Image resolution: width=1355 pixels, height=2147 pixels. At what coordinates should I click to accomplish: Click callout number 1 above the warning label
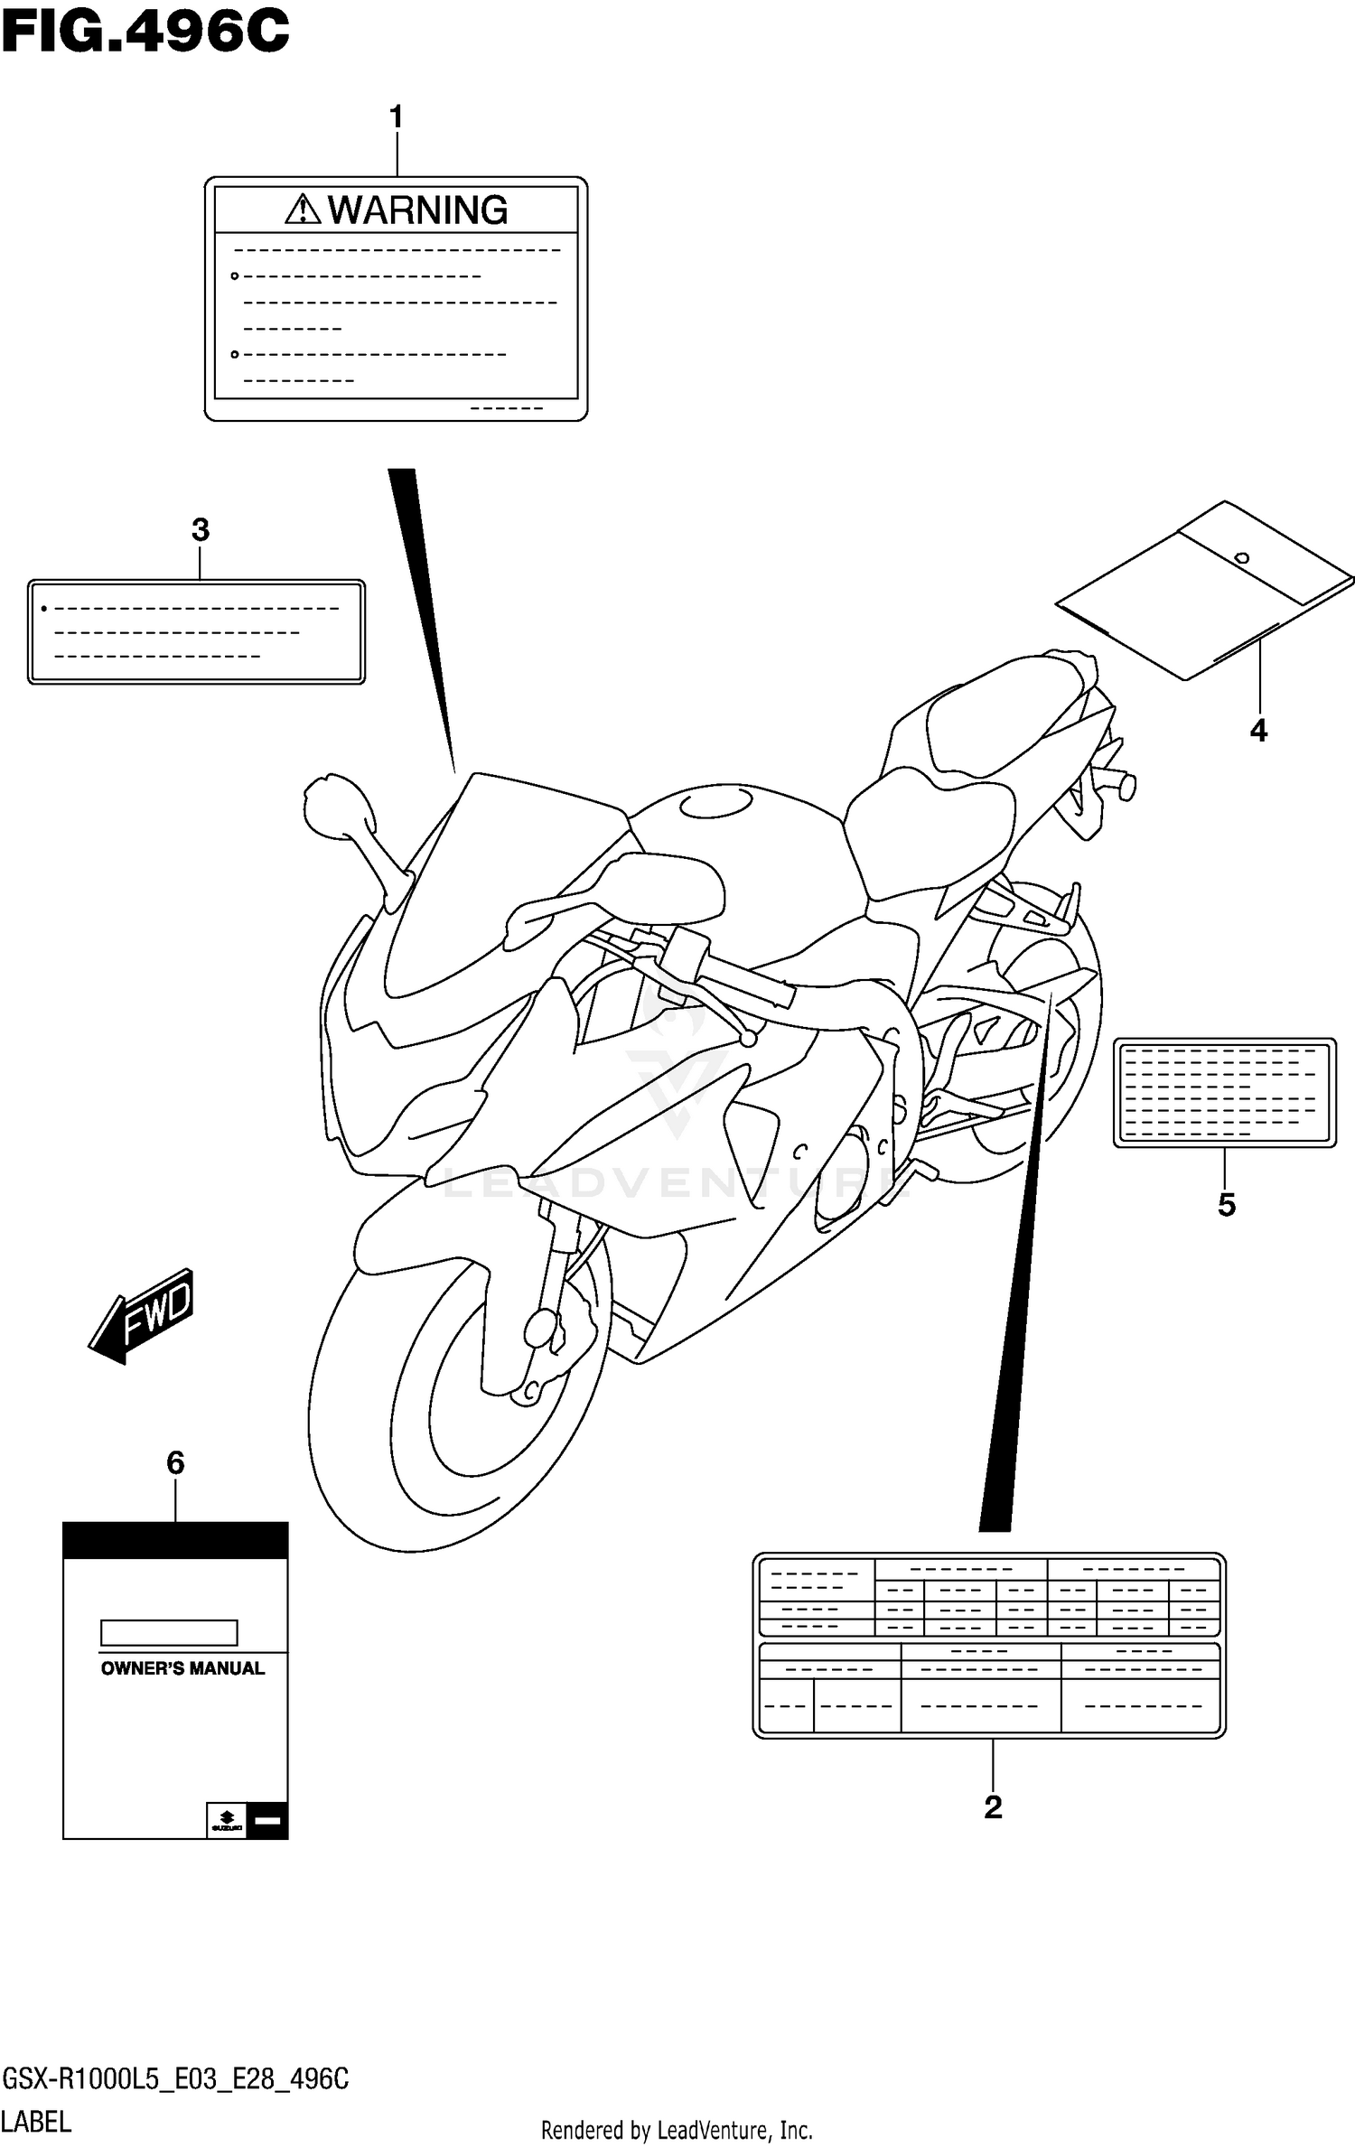pyautogui.click(x=396, y=117)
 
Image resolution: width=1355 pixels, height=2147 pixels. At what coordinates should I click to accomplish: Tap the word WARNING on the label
pyautogui.click(x=417, y=210)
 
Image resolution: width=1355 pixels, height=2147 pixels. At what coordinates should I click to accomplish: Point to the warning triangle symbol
pyautogui.click(x=303, y=210)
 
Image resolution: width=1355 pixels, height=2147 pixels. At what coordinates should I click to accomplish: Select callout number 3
pyautogui.click(x=201, y=530)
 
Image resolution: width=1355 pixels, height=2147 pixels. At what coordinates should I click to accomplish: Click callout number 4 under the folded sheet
pyautogui.click(x=1258, y=730)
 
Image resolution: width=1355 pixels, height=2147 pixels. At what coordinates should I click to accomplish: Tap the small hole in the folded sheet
pyautogui.click(x=1242, y=558)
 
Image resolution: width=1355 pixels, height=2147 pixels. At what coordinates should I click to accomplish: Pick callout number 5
pyautogui.click(x=1226, y=1204)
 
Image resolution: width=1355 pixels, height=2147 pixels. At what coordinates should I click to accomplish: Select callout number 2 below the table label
pyautogui.click(x=993, y=1807)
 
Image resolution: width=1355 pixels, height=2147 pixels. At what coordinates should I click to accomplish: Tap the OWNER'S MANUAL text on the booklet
pyautogui.click(x=182, y=1669)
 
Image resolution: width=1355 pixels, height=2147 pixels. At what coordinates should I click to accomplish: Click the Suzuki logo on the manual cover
pyautogui.click(x=226, y=1819)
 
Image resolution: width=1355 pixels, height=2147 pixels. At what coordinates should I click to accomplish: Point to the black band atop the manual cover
pyautogui.click(x=175, y=1540)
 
